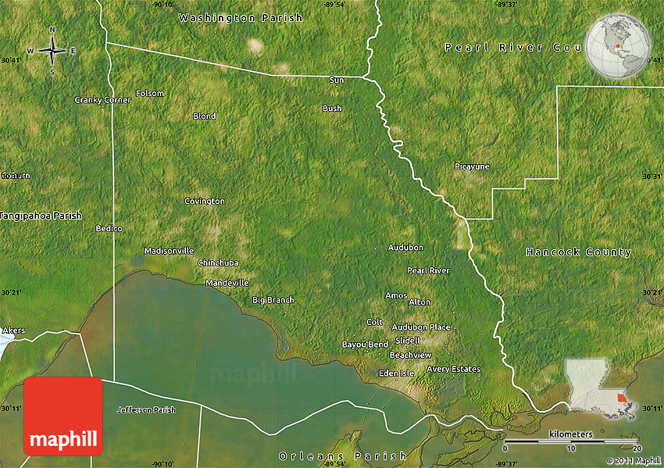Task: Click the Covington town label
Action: tap(205, 202)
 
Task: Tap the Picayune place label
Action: tap(472, 166)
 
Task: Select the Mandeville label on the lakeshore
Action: tap(227, 283)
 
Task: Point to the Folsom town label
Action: tap(150, 94)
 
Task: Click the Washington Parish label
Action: tap(240, 17)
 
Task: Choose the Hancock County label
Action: tap(578, 252)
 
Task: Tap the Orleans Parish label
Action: tap(343, 455)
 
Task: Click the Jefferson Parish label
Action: tap(146, 410)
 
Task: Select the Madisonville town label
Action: tap(169, 251)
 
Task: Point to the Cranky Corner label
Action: tap(102, 100)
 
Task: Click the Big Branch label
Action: tap(273, 300)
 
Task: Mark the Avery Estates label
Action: tap(453, 369)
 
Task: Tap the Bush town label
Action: tap(332, 109)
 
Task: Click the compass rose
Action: tap(52, 52)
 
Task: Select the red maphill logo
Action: tap(63, 416)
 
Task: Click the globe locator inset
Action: tap(618, 46)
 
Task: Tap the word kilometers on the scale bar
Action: tap(570, 434)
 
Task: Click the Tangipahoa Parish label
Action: tap(41, 216)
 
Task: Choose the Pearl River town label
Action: tap(428, 270)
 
